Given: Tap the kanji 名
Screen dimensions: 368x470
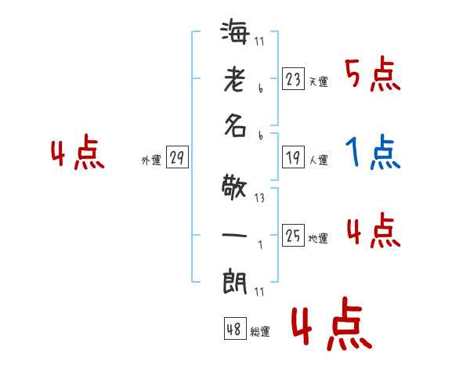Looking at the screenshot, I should (x=236, y=127).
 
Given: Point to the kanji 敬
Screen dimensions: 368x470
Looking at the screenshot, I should (x=236, y=189).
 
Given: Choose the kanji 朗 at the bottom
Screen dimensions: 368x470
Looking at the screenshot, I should (x=236, y=280).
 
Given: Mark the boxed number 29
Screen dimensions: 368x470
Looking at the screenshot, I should (x=177, y=158).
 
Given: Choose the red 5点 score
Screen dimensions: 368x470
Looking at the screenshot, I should (x=373, y=75).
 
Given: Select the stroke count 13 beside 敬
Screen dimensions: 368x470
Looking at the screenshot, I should (x=259, y=199).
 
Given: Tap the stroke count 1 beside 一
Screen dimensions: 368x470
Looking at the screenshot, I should (x=260, y=244).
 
